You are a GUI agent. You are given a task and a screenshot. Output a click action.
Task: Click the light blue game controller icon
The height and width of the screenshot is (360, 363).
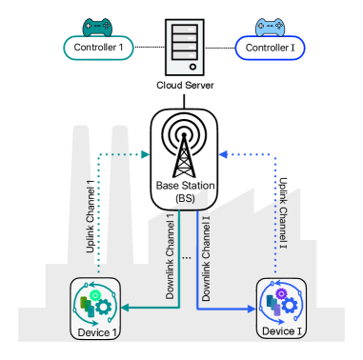(x=270, y=29)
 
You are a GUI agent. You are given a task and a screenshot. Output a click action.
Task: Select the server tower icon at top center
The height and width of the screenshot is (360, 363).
(x=184, y=48)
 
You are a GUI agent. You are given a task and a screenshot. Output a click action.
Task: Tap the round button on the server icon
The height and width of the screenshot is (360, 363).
(x=192, y=67)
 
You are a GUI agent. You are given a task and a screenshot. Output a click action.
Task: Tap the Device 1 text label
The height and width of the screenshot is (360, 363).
(x=98, y=331)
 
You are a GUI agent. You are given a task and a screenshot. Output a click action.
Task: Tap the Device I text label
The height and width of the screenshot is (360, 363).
(x=278, y=330)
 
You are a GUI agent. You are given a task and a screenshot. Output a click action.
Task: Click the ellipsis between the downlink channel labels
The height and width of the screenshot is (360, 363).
(x=186, y=258)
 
